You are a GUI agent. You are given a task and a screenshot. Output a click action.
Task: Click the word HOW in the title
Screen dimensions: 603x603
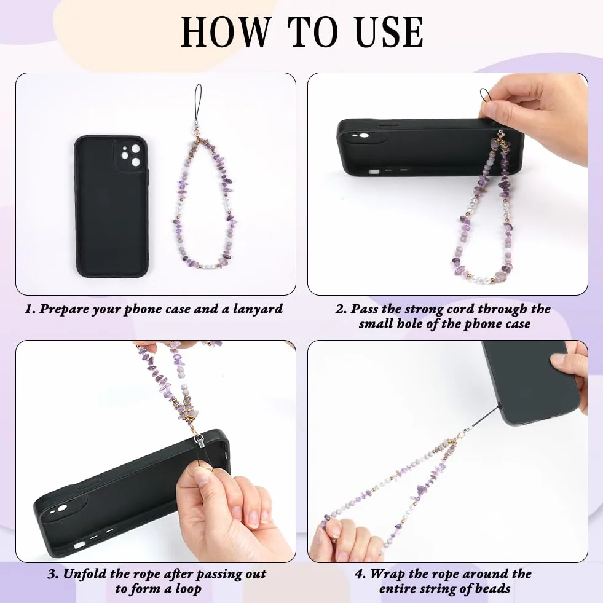click(226, 32)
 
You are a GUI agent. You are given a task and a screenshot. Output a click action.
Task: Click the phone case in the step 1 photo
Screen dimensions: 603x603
click(112, 206)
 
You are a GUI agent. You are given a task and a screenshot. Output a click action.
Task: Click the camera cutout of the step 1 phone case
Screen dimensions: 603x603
click(130, 156)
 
